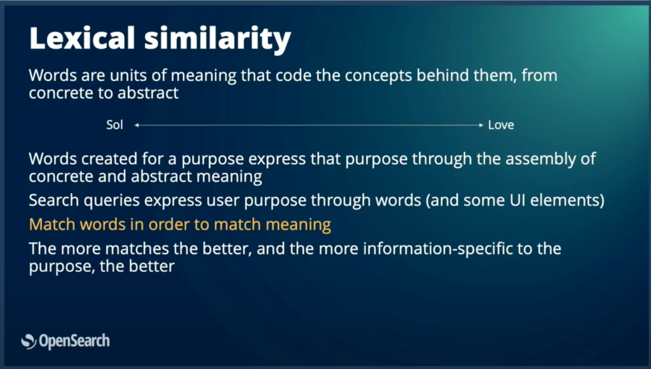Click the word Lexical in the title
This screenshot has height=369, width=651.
[x=82, y=38]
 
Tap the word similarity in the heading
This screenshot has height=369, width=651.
[x=218, y=40]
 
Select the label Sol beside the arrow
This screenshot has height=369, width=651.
[x=114, y=125]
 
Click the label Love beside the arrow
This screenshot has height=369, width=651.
[x=501, y=125]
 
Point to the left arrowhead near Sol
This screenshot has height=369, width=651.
[x=137, y=125]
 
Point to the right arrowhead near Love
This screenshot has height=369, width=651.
[x=481, y=125]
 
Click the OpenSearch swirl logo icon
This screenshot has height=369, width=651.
[x=29, y=341]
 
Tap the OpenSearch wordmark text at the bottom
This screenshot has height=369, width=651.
[x=74, y=341]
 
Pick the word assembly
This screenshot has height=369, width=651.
[x=540, y=159]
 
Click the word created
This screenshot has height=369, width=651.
[x=109, y=159]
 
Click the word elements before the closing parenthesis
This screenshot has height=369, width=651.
[x=564, y=200]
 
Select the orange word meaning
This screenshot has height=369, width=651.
[x=298, y=225]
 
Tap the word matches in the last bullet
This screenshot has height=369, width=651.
[x=137, y=249]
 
